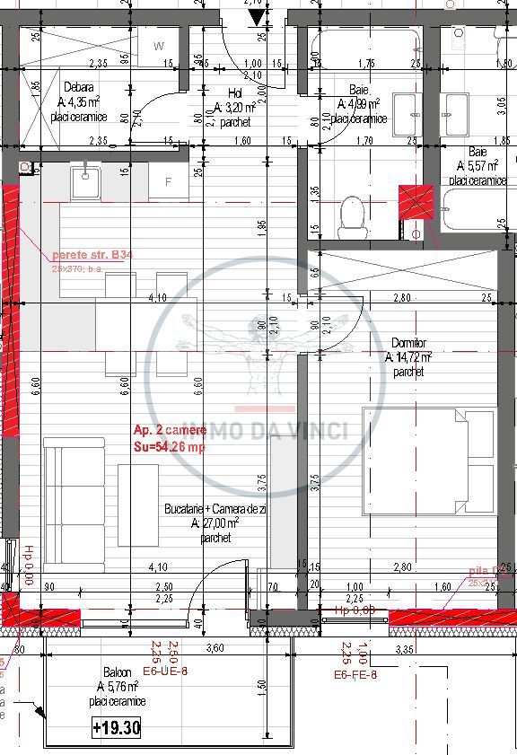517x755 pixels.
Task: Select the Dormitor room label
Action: (x=409, y=343)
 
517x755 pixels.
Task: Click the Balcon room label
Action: (x=116, y=672)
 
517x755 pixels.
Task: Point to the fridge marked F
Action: (x=167, y=182)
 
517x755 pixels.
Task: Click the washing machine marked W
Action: (x=159, y=47)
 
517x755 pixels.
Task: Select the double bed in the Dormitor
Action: (x=428, y=462)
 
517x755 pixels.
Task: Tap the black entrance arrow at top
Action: (x=257, y=17)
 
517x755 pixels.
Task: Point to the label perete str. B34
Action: (x=92, y=255)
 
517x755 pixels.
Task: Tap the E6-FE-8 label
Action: (x=355, y=674)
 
